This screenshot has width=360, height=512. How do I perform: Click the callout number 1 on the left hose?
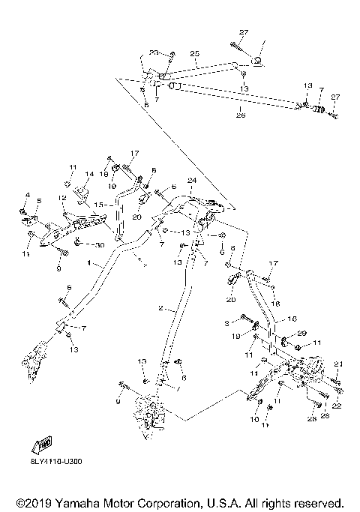(x=89, y=265)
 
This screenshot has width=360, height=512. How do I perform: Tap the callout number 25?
(x=193, y=55)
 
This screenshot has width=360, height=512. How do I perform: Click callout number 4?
(x=28, y=196)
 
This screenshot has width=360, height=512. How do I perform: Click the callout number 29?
(x=301, y=333)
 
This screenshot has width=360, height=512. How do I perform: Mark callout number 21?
(x=337, y=364)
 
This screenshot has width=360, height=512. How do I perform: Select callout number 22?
(x=337, y=406)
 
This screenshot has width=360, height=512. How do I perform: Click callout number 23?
(x=154, y=52)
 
